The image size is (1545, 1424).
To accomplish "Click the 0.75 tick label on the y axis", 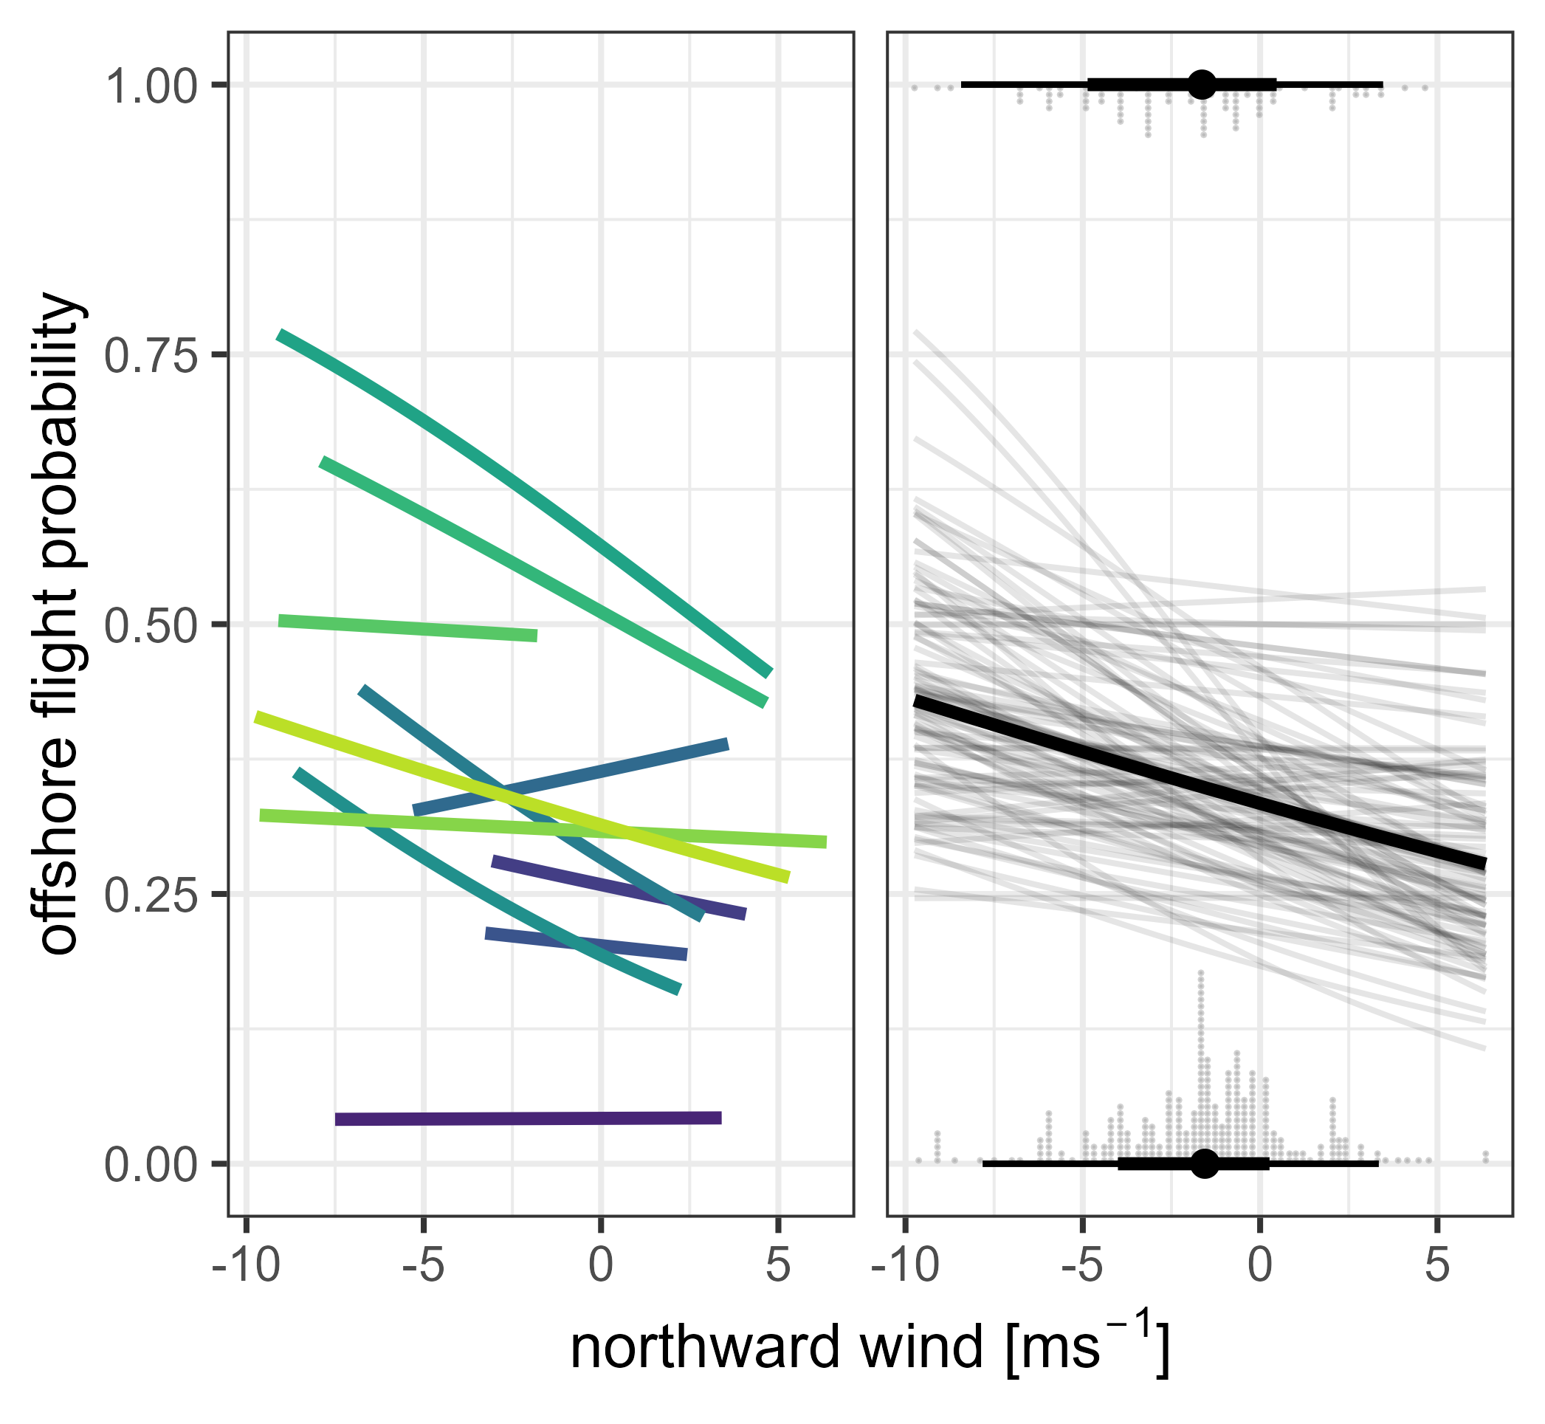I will [145, 355].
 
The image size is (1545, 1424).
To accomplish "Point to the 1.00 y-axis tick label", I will [145, 86].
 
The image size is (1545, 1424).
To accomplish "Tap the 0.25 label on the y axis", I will [145, 895].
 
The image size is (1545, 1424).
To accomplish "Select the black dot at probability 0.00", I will [1205, 1163].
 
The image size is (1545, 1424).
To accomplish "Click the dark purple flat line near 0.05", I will [528, 1119].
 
